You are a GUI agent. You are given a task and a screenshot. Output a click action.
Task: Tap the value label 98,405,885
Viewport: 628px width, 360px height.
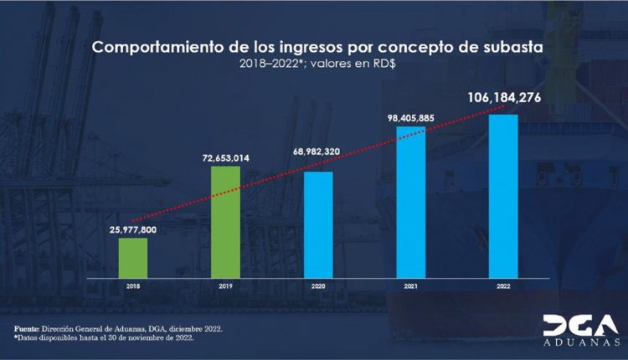pyautogui.click(x=410, y=117)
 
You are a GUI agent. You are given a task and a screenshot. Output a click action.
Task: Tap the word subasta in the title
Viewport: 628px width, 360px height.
pyautogui.click(x=511, y=47)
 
